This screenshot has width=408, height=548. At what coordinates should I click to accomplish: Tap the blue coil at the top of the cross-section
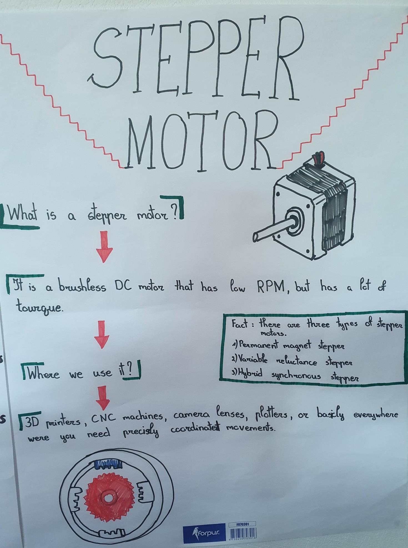pyautogui.click(x=109, y=464)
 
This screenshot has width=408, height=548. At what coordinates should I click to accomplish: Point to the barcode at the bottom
pyautogui.click(x=243, y=533)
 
